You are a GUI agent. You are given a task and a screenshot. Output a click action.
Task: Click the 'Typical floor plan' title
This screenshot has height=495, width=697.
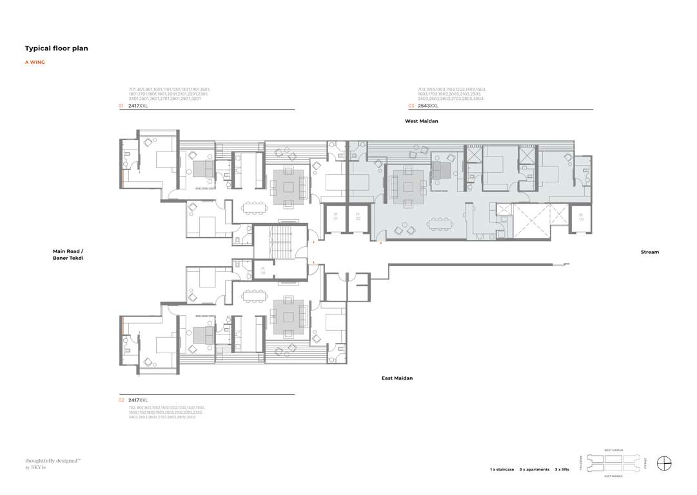56,48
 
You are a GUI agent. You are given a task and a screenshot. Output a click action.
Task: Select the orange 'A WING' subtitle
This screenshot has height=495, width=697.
35,63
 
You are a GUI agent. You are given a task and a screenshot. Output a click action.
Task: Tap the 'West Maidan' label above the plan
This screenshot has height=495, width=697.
421,121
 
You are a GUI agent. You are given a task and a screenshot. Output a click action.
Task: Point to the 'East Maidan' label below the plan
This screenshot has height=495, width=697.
397,378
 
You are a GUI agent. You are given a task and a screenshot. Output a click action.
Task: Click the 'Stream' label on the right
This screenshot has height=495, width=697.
649,252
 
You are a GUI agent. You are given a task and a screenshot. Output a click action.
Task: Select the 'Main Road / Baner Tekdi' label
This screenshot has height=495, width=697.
68,255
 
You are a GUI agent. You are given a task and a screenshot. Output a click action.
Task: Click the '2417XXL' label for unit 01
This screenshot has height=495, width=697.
138,105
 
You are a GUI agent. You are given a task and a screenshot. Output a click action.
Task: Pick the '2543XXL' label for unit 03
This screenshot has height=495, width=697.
427,105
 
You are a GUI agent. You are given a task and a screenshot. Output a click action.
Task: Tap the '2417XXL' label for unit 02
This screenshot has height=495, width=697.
138,400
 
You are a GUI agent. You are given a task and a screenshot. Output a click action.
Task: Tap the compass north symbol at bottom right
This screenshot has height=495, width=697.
664,463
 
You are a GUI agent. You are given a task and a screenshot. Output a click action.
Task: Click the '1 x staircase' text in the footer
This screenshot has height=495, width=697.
502,470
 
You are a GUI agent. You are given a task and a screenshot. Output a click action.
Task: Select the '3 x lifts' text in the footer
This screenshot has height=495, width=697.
562,470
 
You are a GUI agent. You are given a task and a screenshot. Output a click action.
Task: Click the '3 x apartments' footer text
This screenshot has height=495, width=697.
534,470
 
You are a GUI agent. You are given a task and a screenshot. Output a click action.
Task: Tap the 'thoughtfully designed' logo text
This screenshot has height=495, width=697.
52,461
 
